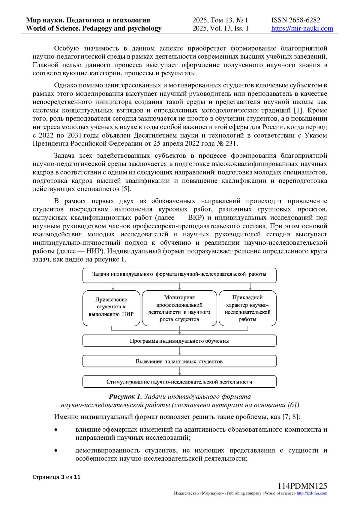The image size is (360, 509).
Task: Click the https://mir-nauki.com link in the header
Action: pos(302,28)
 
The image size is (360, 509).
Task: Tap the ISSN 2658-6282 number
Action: pos(296,20)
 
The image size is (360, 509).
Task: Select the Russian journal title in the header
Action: pos(88,20)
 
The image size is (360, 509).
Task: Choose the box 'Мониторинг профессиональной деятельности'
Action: pos(179,308)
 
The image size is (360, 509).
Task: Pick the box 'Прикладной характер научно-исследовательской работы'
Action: pos(247,308)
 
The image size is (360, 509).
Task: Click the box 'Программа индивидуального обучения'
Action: pos(179,341)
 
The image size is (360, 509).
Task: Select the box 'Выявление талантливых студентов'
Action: pos(179,361)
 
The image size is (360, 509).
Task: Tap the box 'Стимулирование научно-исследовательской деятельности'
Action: pos(179,382)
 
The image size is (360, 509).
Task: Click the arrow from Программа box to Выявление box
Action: pos(179,351)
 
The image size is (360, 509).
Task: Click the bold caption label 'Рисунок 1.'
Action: pos(125,397)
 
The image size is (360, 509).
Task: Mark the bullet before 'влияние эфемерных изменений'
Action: pos(56,430)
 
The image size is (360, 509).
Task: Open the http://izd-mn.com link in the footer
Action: pos(312,493)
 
